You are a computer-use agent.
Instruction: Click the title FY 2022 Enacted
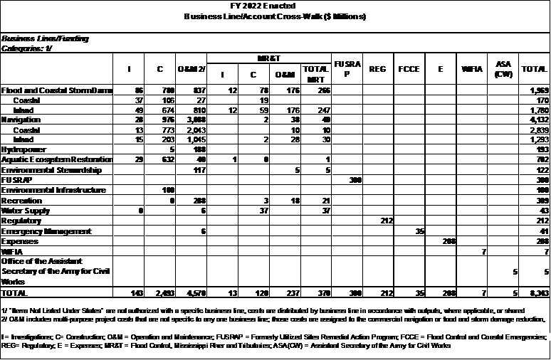tap(275, 5)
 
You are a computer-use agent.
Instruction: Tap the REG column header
tap(377, 69)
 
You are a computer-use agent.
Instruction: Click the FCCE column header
tap(409, 69)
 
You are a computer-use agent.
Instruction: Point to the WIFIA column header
tap(473, 69)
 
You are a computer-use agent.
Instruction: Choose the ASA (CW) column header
tap(503, 69)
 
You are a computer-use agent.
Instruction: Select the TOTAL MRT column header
tap(314, 73)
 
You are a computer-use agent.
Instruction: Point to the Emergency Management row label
tap(47, 231)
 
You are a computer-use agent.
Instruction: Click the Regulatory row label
tap(22, 221)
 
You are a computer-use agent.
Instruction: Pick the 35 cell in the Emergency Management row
tap(419, 231)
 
